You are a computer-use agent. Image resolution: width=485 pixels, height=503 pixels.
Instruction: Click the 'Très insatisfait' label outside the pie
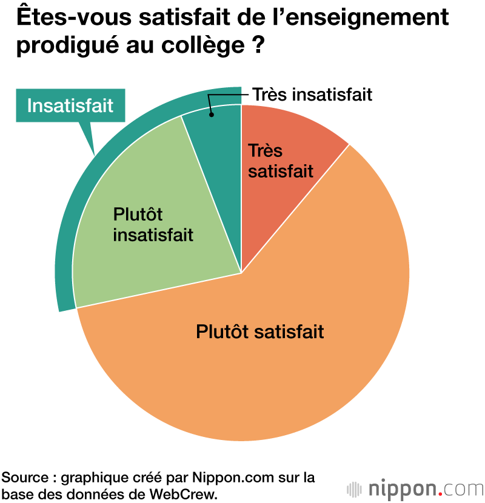(x=312, y=95)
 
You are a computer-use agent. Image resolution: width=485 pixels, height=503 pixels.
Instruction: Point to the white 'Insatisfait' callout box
(x=70, y=105)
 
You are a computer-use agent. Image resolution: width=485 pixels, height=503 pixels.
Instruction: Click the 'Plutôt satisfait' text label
(x=260, y=332)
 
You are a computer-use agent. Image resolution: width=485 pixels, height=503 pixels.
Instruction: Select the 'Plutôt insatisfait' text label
(x=153, y=225)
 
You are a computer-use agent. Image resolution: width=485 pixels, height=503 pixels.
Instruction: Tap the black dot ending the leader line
(x=211, y=115)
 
